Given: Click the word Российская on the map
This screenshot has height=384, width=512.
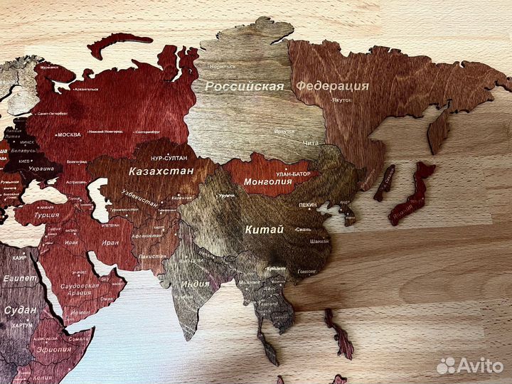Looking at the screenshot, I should pos(244,87).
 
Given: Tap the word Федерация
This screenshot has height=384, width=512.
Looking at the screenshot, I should pos(333,86).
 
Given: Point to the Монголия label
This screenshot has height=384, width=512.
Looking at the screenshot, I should pos(268,181).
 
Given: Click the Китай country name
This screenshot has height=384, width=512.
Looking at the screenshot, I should pos(264,230).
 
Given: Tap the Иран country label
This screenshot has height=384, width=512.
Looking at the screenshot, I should pos(111,242).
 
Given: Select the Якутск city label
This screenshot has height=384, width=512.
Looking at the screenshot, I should pos(342,100).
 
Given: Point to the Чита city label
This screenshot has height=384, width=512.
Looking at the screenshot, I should pos(310,143).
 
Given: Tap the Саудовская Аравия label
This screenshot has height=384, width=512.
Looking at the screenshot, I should pos(78,288).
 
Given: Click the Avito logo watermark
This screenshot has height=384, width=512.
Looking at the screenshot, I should pos(470,366).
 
